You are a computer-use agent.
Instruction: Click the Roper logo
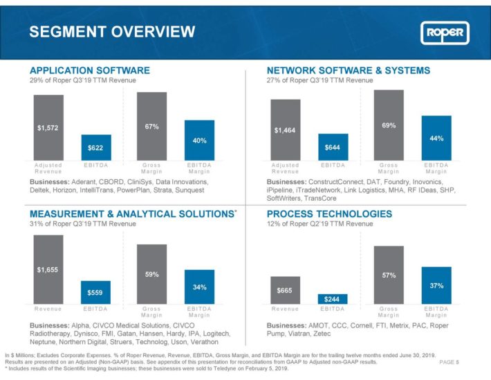pos(445,33)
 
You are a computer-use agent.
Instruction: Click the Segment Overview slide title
pos(112,32)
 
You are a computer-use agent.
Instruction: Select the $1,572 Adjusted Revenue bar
pos(48,127)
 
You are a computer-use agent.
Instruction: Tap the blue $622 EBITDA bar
pos(96,147)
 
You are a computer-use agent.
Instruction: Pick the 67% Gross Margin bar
pos(152,127)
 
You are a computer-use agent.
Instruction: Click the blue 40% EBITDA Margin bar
pos(199,140)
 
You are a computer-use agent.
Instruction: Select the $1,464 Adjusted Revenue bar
pos(286,130)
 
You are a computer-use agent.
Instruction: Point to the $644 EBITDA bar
pos(333,147)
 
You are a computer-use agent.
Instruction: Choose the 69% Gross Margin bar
pos(389,125)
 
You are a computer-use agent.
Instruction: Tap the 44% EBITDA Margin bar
pos(436,138)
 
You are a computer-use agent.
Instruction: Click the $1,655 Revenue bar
pos(48,269)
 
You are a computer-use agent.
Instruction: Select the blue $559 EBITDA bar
pos(95,292)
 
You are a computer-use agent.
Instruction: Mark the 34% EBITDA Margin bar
pos(199,287)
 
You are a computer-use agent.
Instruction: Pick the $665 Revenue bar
pos(286,290)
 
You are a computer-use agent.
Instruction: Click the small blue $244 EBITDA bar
pos(333,299)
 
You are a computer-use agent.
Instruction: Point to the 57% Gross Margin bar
pos(389,275)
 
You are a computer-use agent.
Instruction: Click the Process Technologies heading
pos(329,214)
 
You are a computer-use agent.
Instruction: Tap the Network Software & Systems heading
pos(349,70)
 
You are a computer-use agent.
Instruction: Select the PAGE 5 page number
pos(449,362)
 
